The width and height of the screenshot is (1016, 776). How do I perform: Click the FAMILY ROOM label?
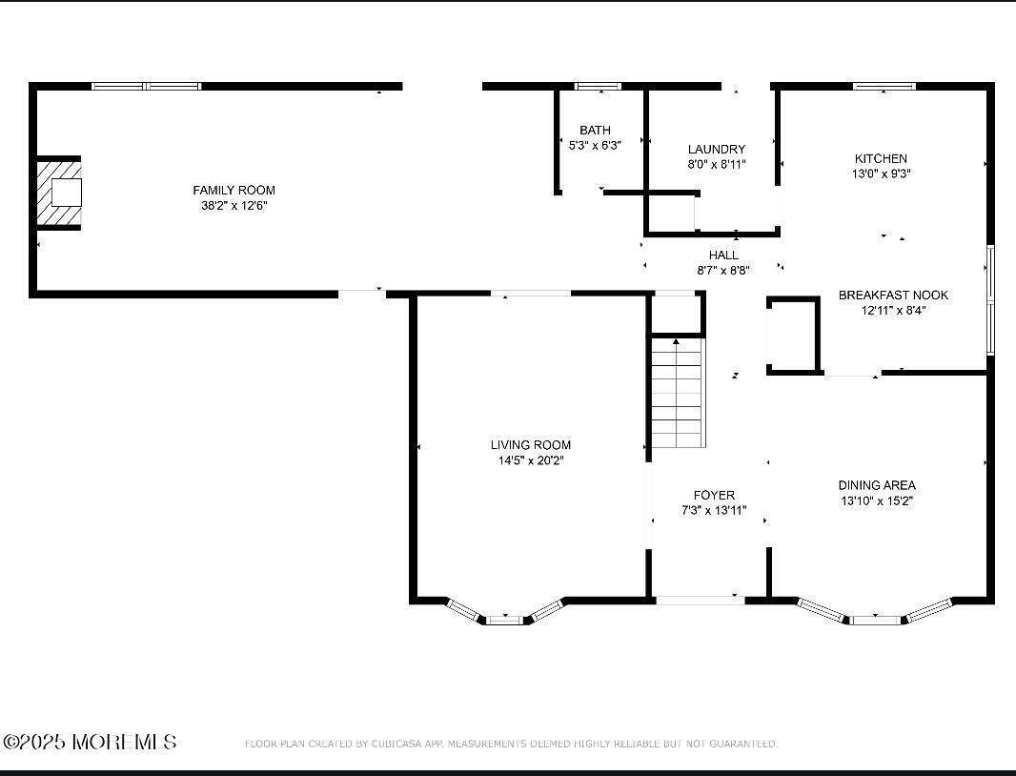(x=234, y=191)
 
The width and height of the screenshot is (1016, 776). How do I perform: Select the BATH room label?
(x=595, y=131)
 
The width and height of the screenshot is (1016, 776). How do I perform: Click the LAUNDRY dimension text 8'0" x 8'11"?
(x=717, y=164)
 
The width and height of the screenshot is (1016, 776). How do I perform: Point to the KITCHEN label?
(x=880, y=158)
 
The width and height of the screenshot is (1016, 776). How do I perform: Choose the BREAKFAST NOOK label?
(x=893, y=295)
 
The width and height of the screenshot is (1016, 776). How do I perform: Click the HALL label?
(x=723, y=255)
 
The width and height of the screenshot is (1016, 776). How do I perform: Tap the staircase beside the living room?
(x=678, y=393)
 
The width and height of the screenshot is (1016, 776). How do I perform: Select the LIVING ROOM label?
(x=531, y=444)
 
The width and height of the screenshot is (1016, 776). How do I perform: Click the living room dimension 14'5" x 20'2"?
(x=531, y=460)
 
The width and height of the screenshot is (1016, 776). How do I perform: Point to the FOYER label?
(x=714, y=495)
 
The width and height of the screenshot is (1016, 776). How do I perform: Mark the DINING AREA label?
(x=877, y=485)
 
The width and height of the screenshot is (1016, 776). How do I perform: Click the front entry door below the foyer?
(x=700, y=600)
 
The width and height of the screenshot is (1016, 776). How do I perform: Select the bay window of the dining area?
(x=875, y=618)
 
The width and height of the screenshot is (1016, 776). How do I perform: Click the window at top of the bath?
(x=598, y=87)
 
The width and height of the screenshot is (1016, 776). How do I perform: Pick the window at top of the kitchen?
(x=884, y=87)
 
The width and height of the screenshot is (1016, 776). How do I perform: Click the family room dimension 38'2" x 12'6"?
(x=234, y=206)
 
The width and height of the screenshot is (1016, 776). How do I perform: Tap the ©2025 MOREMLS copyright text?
(x=91, y=742)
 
